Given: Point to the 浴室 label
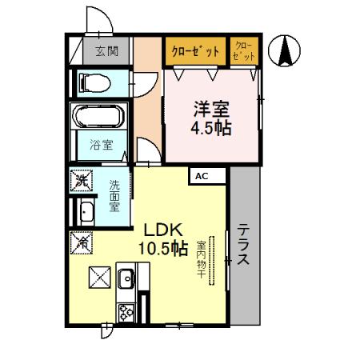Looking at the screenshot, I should (101, 146).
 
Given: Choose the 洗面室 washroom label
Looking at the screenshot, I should (114, 194).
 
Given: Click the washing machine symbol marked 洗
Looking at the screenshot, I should (81, 182).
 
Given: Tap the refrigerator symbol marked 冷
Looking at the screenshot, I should (82, 240).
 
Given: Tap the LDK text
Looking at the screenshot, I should (162, 229).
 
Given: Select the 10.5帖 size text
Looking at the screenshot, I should (163, 248).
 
